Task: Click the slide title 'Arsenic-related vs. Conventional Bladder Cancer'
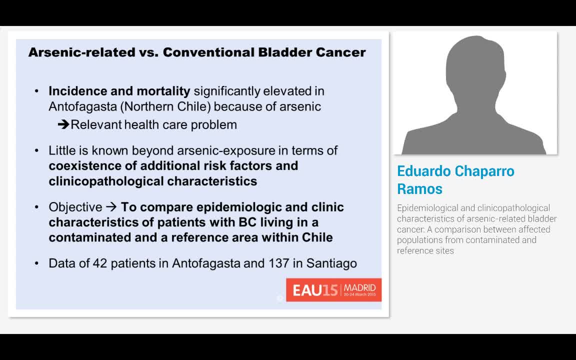pos(197,52)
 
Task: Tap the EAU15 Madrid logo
pos(333,290)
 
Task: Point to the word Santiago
pos(331,263)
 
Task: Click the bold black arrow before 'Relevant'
pos(63,124)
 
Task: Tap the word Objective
pos(75,207)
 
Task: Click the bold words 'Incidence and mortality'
pos(119,91)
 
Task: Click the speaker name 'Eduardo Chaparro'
pos(455,171)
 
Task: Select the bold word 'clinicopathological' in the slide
pos(105,181)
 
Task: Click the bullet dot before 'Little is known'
pos(36,150)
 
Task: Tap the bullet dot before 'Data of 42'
pos(36,263)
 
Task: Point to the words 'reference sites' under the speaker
pos(425,250)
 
